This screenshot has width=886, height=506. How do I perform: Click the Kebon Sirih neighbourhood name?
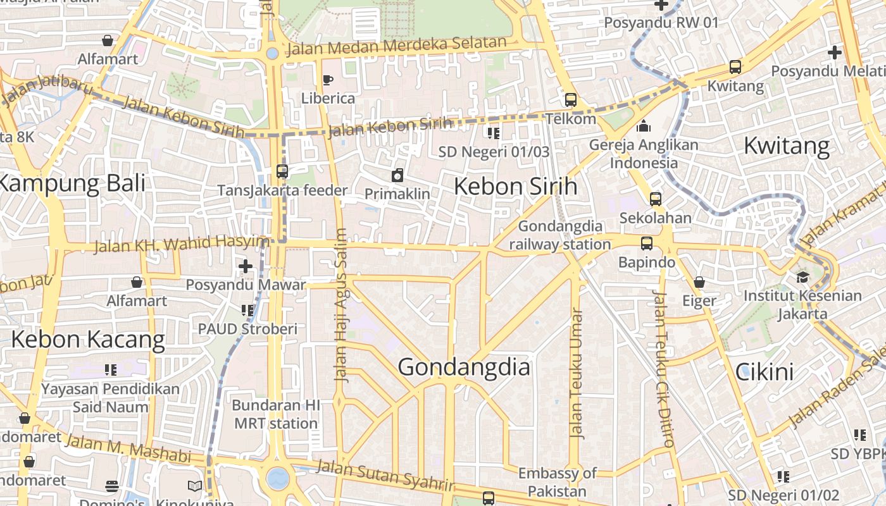coord(515,187)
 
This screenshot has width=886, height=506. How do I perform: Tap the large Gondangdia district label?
coord(464,367)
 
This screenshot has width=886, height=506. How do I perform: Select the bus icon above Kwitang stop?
coord(735,66)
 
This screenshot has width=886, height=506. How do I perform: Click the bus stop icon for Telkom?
coord(570,100)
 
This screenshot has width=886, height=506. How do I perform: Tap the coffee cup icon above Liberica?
coord(327,80)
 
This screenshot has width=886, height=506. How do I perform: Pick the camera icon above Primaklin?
coord(397,175)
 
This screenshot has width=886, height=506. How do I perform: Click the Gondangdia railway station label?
coord(560,235)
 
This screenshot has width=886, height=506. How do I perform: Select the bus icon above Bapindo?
coord(646,244)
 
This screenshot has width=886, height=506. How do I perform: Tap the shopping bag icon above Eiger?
coord(699,282)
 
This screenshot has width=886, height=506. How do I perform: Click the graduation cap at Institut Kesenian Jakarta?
coord(802,277)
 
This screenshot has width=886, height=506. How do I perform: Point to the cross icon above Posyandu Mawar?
coord(246,266)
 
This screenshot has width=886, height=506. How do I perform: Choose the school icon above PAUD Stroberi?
coord(247,310)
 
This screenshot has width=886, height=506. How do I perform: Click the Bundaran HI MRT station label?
coord(276,414)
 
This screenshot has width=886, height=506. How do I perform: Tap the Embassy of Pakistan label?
coord(557,481)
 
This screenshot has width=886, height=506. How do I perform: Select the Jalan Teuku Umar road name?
coord(575,373)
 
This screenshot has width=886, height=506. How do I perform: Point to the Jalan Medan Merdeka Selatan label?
coord(396,46)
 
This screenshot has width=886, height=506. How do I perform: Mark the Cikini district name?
coord(764,372)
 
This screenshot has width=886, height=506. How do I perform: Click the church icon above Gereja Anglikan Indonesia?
coord(644,126)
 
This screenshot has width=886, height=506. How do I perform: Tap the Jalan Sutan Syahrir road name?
coord(385,476)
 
